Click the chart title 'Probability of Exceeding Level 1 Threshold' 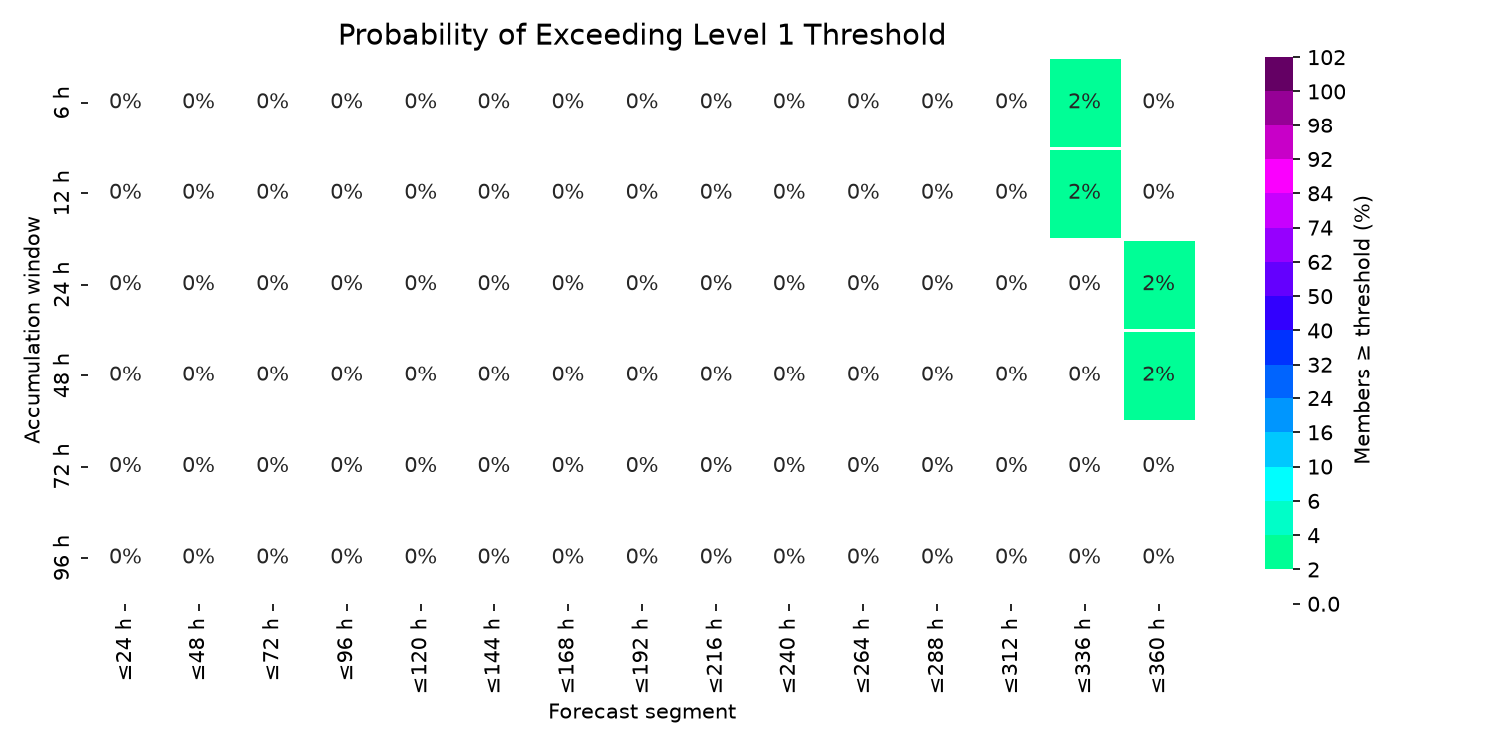[642, 35]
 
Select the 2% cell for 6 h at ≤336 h [1085, 103]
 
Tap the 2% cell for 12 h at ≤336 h [1085, 194]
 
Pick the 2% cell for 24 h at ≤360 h [1159, 285]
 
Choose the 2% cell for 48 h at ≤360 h [1159, 376]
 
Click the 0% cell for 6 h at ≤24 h [125, 102]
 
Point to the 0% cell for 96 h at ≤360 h [1158, 556]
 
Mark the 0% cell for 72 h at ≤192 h [642, 465]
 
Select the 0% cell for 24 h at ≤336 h [1084, 284]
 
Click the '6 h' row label [61, 102]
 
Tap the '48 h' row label [61, 375]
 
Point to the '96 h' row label [61, 558]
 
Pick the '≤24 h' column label [125, 649]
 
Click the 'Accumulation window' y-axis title [32, 330]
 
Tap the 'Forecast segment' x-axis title [642, 712]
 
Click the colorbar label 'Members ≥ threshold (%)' [1362, 330]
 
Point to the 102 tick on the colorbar [1327, 58]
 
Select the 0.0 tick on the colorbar [1324, 605]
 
